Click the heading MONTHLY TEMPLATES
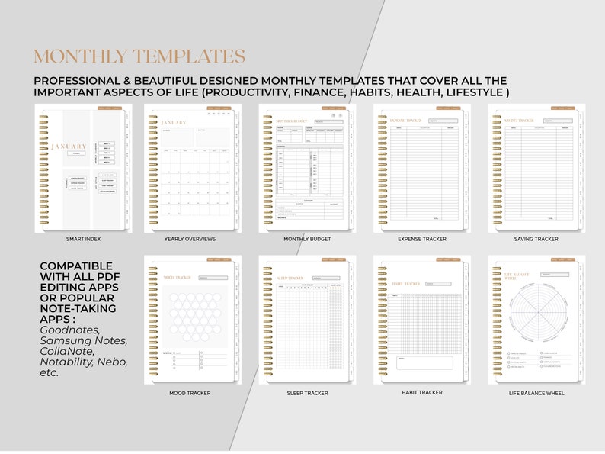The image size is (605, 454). coord(139,57)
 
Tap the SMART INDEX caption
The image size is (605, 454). coord(84,239)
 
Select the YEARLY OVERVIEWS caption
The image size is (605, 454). coord(190,239)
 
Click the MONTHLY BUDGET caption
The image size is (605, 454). coord(307,239)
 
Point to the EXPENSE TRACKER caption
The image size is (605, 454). coord(422,239)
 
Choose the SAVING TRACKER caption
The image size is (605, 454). coord(536,239)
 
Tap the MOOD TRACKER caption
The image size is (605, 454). coord(190,393)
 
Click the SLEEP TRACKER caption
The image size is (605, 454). coord(307,393)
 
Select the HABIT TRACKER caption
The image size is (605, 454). coord(422,392)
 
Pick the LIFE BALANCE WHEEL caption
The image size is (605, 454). coord(536,393)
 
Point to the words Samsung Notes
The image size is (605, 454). coord(84,340)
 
